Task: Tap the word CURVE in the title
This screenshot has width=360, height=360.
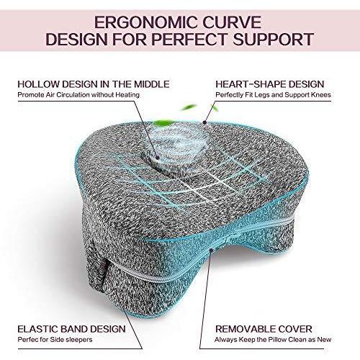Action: point(232,22)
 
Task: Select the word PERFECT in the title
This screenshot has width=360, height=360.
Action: point(189,39)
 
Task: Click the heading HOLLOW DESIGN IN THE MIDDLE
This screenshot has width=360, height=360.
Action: point(94,84)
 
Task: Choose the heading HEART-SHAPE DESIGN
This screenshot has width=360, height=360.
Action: point(270,84)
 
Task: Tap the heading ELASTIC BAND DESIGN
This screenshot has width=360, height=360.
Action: point(71,329)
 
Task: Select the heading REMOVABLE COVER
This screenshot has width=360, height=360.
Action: point(264,329)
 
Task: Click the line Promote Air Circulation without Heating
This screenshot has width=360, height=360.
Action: point(78,95)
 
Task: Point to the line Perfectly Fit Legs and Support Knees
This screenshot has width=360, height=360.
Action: point(273,95)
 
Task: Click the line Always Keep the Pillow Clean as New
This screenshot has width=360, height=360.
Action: point(273,340)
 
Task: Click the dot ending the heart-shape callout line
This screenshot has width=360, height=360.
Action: point(204,122)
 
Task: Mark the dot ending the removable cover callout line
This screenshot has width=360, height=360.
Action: point(211,251)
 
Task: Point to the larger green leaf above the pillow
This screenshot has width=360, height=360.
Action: point(163,123)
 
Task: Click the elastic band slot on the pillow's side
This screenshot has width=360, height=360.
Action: point(104,274)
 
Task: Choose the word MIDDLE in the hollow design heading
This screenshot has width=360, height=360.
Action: point(152,84)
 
